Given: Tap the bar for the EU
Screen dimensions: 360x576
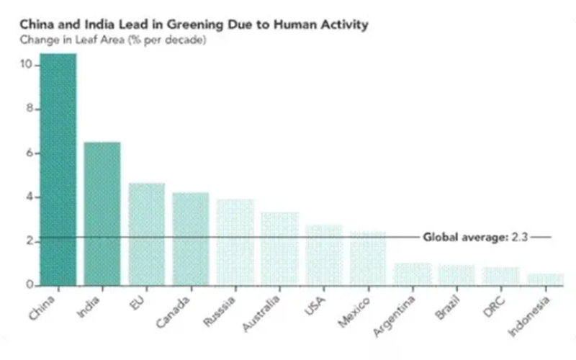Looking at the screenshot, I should point(147,234).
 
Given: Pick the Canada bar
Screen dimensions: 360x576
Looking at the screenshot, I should point(191,238).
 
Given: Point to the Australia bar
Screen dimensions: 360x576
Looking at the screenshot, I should point(279,248).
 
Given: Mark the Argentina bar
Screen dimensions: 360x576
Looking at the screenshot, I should point(413,274).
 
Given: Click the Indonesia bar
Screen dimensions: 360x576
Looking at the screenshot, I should point(545,279).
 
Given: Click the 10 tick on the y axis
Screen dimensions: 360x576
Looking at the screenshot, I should point(27,65).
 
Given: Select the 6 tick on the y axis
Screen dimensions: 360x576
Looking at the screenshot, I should point(30,153).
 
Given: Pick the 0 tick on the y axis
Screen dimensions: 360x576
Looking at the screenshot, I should point(30,285).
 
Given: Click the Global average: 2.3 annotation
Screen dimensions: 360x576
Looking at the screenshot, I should point(475,236).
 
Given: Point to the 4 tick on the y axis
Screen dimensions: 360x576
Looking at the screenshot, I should point(30,197).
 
